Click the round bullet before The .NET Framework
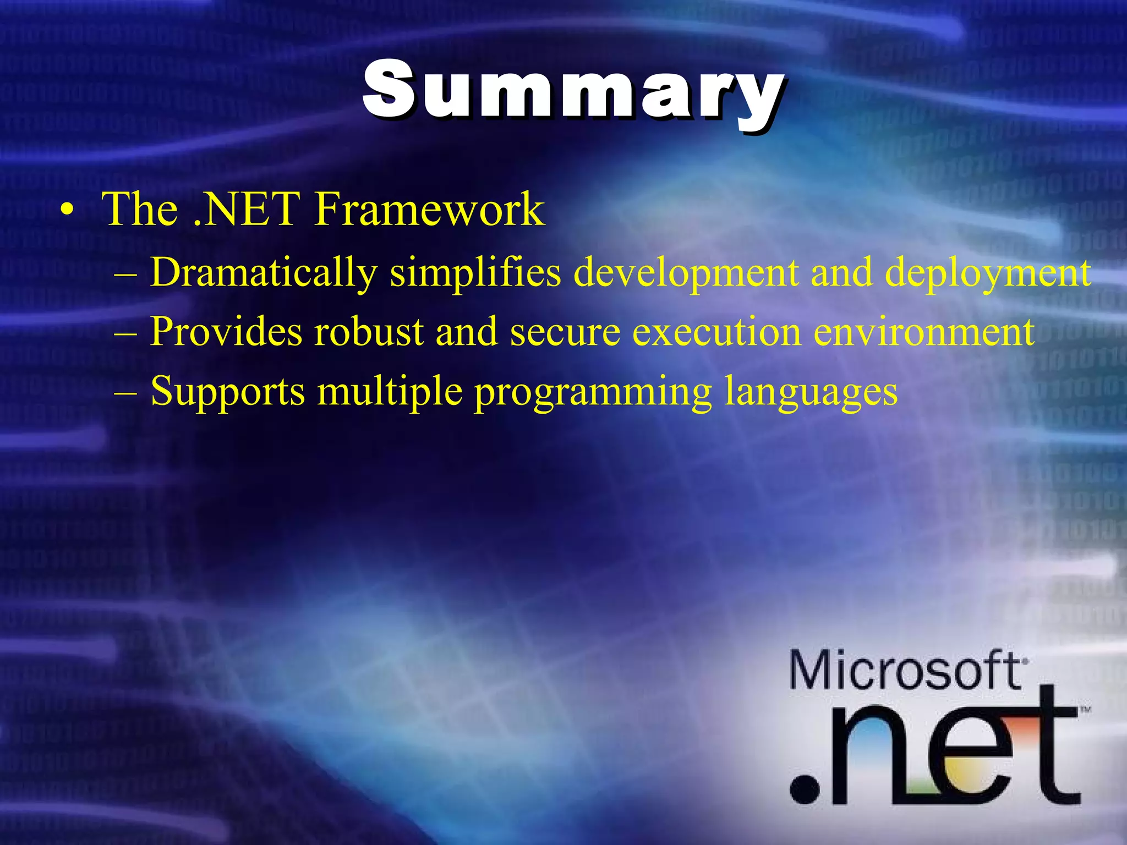pyautogui.click(x=67, y=211)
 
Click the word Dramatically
pyautogui.click(x=264, y=272)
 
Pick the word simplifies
pyautogui.click(x=475, y=272)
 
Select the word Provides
pyautogui.click(x=226, y=332)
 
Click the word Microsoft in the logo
pyautogui.click(x=905, y=670)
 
